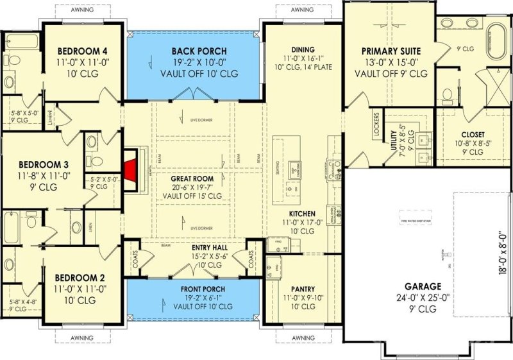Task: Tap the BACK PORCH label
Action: (x=199, y=51)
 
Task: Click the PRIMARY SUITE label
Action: (x=394, y=51)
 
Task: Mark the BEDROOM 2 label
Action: (x=80, y=278)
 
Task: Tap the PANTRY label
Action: (x=299, y=289)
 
